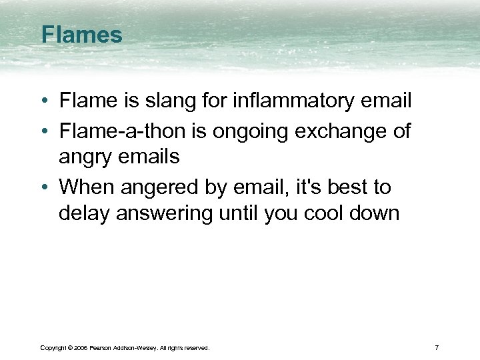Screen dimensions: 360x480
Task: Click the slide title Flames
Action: click(x=81, y=35)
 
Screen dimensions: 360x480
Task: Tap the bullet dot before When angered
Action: click(x=43, y=188)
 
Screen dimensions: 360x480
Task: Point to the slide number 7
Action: click(x=436, y=347)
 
